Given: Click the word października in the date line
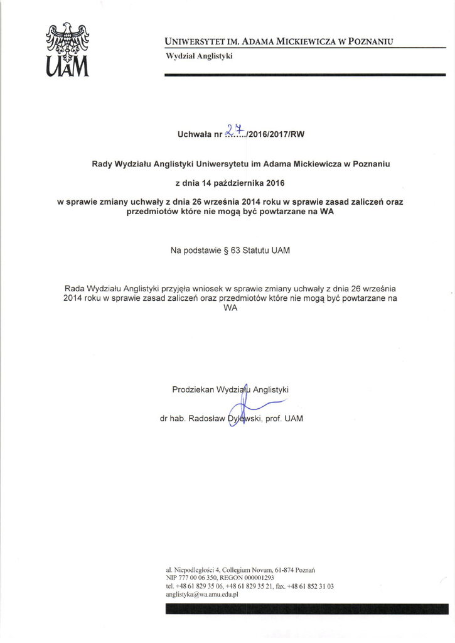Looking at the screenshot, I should click(236, 184).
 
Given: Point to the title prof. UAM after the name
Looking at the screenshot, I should click(284, 418).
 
